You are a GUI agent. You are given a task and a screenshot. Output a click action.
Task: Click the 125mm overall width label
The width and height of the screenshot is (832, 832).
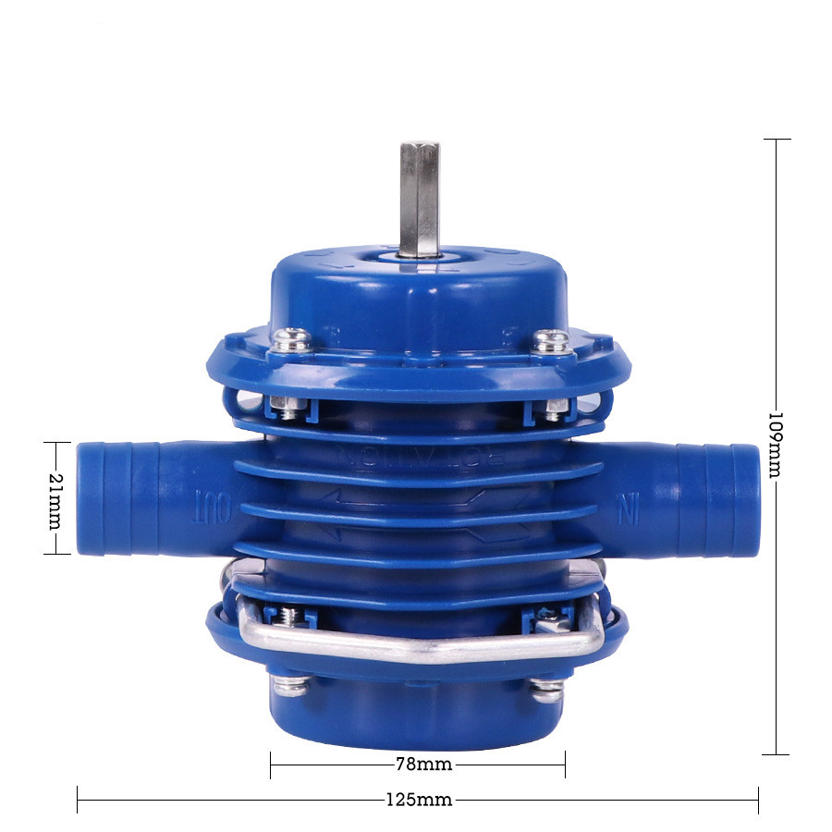420,800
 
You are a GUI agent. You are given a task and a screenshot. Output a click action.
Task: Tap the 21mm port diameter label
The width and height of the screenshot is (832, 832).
55,498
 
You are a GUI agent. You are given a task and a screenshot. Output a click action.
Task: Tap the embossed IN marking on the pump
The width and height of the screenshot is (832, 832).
629,508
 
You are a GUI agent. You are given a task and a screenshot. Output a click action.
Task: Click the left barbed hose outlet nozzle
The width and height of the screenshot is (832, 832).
120,498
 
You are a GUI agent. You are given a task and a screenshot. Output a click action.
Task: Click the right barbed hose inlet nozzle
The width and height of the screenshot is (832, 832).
716,498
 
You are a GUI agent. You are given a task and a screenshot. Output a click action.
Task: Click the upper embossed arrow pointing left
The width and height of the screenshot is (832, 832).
370,499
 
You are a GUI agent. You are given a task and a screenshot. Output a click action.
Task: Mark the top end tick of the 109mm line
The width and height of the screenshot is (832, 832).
776,139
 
